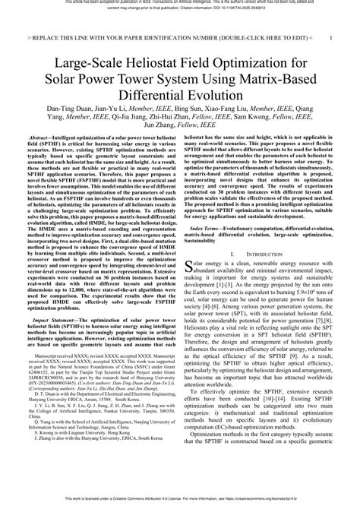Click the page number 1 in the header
[x=328, y=36]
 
